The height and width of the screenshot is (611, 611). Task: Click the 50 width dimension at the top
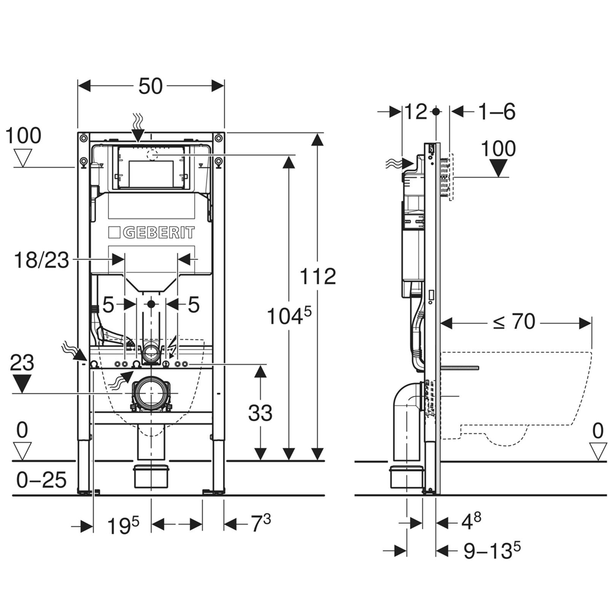[150, 86]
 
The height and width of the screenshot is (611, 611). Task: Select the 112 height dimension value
[318, 277]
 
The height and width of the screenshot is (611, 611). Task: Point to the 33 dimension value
[260, 412]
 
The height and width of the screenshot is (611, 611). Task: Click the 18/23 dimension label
[42, 260]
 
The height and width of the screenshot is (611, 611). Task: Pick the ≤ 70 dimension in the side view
[514, 322]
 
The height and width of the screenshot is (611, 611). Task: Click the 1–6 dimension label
[496, 112]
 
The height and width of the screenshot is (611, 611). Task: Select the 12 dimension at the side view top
[415, 112]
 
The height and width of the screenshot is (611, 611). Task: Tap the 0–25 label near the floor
[42, 480]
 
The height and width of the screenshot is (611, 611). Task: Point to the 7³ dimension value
[261, 523]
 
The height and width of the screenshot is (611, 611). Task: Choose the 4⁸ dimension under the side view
[471, 521]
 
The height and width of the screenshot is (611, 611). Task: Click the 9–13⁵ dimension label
[492, 551]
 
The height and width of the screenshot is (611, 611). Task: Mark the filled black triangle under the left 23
[22, 384]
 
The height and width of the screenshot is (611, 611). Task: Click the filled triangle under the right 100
[499, 169]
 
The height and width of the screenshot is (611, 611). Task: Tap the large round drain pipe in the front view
[151, 393]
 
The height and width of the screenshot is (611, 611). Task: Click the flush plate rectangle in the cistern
[151, 168]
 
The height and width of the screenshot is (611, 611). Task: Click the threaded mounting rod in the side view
[460, 368]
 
